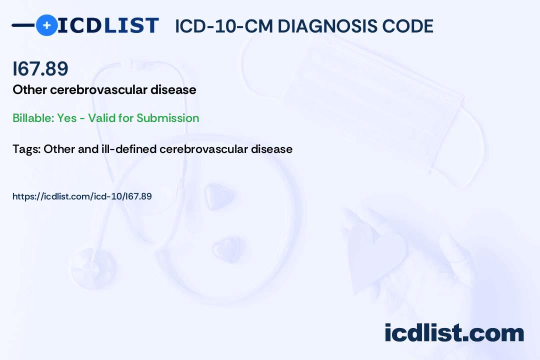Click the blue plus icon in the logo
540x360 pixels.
(46, 25)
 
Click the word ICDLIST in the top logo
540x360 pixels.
(108, 25)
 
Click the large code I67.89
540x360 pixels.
(40, 68)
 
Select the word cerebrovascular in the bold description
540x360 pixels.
(99, 89)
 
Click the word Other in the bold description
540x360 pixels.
(29, 89)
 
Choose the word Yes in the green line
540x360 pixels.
(67, 118)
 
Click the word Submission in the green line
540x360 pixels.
(167, 118)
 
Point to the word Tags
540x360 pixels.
(26, 149)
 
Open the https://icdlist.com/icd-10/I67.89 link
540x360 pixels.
(82, 196)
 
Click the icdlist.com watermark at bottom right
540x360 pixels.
(454, 332)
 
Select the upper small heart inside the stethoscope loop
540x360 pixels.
(218, 196)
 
